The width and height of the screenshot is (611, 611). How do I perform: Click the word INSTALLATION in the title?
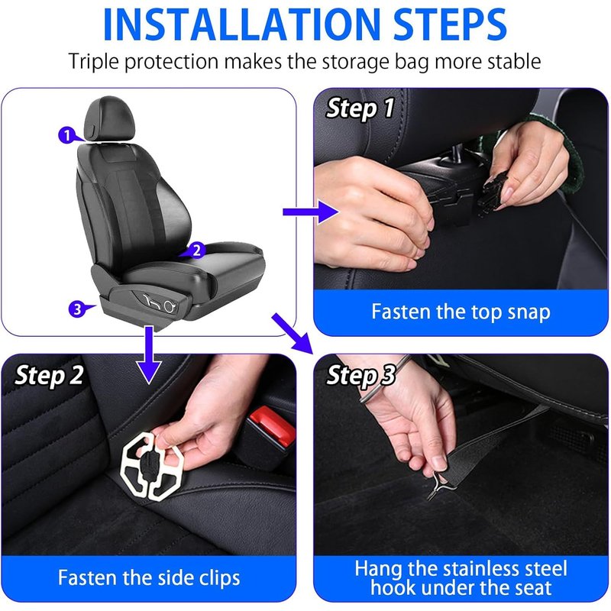[241, 24]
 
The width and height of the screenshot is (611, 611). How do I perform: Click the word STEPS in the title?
[450, 24]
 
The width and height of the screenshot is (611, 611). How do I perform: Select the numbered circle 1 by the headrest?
[67, 135]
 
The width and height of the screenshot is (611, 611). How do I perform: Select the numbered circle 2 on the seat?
[197, 250]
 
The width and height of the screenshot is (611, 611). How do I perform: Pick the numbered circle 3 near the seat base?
[77, 309]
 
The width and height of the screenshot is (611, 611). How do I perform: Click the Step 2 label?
[49, 376]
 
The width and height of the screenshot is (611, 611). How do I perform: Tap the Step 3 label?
[360, 376]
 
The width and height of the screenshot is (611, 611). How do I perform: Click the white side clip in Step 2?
[152, 465]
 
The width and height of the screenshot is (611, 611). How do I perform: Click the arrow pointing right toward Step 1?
[311, 212]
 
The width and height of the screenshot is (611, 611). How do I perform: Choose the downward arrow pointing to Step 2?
[149, 354]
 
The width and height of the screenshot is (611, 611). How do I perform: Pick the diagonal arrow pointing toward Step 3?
[293, 333]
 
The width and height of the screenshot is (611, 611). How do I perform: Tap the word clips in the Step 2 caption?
[219, 578]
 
